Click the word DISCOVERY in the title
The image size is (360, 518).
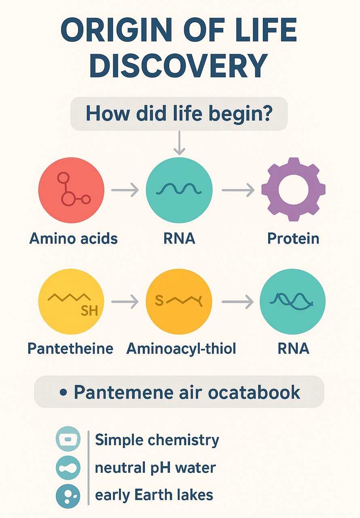[178, 66]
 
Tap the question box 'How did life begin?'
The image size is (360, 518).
[179, 114]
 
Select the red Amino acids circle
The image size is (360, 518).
[71, 190]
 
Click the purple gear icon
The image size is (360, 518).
[293, 189]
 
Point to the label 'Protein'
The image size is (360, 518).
[293, 238]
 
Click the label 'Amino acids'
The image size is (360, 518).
[74, 238]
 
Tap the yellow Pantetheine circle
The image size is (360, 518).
[71, 301]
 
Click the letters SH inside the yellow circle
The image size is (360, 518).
[89, 310]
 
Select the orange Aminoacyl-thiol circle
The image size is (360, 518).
[179, 301]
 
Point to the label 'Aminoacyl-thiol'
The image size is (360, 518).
[181, 348]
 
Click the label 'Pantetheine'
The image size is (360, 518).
[70, 348]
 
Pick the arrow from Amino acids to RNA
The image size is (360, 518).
[125, 190]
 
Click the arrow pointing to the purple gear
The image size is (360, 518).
[238, 190]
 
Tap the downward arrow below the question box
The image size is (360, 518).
[179, 143]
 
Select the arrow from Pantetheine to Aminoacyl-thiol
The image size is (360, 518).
[125, 301]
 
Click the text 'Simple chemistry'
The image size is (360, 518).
[157, 440]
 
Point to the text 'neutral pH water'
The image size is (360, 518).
[155, 467]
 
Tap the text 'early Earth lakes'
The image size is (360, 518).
[154, 495]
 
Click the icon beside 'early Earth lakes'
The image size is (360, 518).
[68, 496]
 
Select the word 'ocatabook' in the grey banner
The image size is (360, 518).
[254, 392]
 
